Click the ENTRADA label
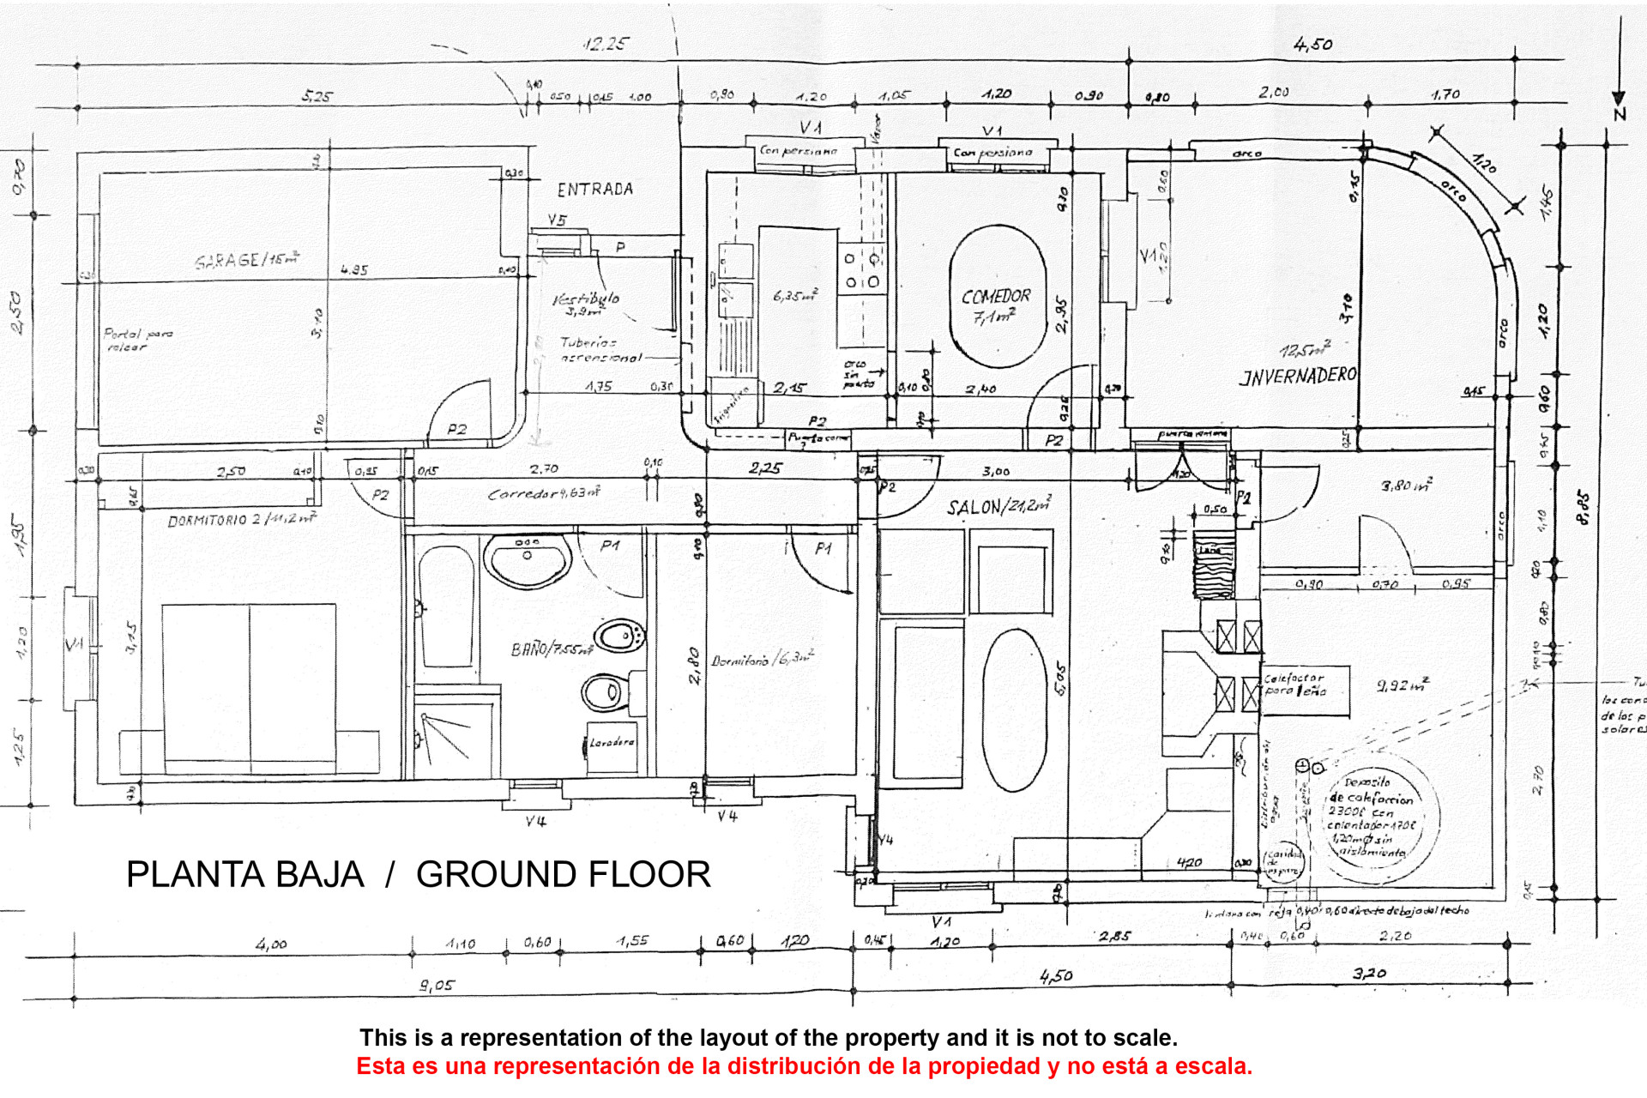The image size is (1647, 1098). [x=594, y=190]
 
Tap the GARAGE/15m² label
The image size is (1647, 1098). [x=247, y=259]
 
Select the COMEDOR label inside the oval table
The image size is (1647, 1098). [x=995, y=297]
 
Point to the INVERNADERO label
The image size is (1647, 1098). [x=1298, y=376]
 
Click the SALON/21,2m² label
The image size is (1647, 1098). [x=998, y=507]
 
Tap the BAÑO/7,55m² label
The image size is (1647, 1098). [x=552, y=649]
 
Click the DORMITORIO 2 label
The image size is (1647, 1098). [x=241, y=520]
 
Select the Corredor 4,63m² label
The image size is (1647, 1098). [x=543, y=493]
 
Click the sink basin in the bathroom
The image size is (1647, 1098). [x=528, y=559]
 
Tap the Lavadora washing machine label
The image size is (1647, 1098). [x=612, y=743]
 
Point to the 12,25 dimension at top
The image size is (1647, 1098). [x=606, y=44]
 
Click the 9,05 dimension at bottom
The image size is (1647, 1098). [x=436, y=986]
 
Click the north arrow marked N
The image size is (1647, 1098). [x=1619, y=103]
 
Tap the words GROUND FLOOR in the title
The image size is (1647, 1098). [x=563, y=875]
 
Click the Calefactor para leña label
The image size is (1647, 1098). [x=1294, y=685]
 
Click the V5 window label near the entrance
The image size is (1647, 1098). [x=558, y=220]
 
